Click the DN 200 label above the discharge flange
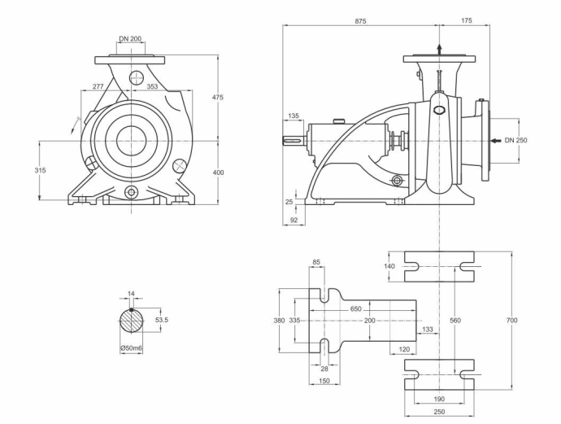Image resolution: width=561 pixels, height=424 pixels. click(x=130, y=38)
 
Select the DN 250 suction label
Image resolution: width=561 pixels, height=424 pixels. click(x=515, y=140)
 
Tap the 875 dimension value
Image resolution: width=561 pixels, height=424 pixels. click(x=360, y=21)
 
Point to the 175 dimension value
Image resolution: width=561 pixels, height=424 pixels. click(x=466, y=21)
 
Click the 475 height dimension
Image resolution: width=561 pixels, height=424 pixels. click(x=218, y=97)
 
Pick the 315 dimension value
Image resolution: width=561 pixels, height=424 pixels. click(x=40, y=170)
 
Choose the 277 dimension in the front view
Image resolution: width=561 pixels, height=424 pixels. click(x=98, y=86)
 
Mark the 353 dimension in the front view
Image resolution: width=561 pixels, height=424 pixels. click(x=152, y=86)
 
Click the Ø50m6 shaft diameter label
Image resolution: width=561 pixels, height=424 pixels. click(x=131, y=348)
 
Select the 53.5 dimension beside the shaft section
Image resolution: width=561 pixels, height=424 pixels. click(x=161, y=320)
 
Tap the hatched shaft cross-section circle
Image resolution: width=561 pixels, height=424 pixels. click(x=131, y=321)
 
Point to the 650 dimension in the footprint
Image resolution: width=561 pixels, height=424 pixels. click(x=355, y=308)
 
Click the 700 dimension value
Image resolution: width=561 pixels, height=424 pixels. click(x=511, y=320)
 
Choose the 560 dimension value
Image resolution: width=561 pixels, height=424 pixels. click(x=455, y=320)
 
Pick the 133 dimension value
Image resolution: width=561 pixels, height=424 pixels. click(x=428, y=329)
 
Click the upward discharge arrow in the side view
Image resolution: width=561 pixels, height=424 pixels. click(x=439, y=50)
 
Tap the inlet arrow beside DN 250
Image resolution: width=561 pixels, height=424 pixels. click(x=495, y=141)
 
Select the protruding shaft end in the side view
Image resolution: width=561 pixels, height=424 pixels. click(x=294, y=141)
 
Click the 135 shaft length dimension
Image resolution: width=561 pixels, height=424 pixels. click(x=293, y=116)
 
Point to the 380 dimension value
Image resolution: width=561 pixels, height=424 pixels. click(x=279, y=320)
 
